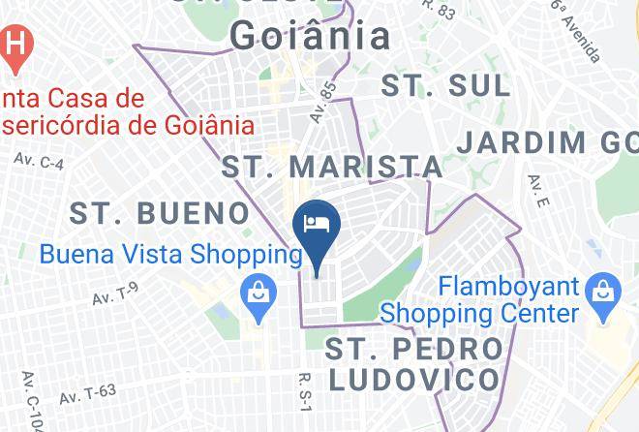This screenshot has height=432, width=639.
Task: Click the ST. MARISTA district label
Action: coord(333,166)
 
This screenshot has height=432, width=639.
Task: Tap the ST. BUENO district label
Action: coord(161,212)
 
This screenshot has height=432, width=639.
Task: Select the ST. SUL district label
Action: coord(445,85)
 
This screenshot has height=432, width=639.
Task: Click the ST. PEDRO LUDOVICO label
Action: coord(415,363)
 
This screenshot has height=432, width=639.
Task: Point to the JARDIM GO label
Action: coord(546,141)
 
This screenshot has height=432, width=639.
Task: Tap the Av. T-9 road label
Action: coord(116,293)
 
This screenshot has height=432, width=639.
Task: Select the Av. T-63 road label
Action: coord(87,393)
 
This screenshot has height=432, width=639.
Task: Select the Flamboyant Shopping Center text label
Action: coord(479,300)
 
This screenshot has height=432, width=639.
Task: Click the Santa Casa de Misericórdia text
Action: coord(126,111)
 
